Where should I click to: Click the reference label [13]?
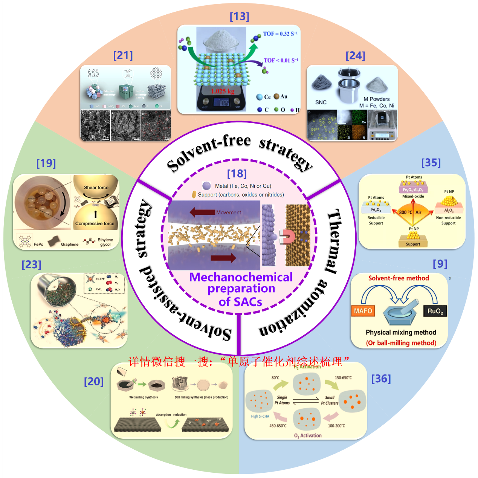239,17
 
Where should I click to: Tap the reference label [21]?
123,55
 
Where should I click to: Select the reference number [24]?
355,56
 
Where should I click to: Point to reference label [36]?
381,379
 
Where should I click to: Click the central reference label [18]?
237,174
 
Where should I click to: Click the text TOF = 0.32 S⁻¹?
280,34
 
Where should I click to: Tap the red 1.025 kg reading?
222,91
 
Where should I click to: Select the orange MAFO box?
363,311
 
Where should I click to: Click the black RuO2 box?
435,311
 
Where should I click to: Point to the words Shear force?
96,188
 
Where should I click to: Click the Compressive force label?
95,224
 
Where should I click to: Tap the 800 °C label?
405,212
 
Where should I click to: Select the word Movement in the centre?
228,212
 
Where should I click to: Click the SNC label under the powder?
321,102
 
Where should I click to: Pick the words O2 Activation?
308,436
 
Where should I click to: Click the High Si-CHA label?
260,416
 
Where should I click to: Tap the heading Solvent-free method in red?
399,278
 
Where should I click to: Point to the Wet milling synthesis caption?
144,397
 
